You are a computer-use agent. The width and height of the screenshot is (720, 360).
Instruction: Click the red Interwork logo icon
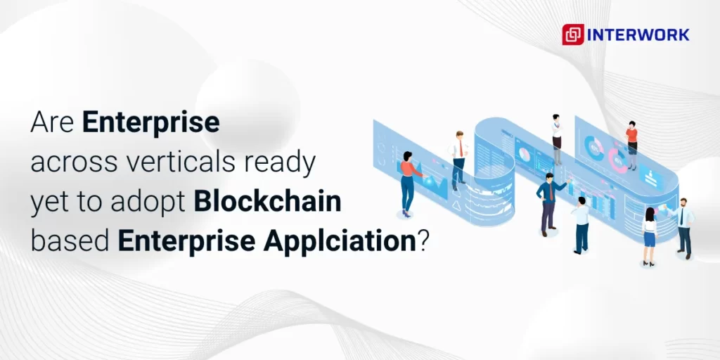(573, 34)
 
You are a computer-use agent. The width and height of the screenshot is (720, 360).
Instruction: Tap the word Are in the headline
(53, 123)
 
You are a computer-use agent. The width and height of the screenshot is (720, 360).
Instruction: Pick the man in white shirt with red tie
(459, 158)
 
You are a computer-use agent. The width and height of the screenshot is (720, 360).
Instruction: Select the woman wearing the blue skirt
(649, 236)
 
